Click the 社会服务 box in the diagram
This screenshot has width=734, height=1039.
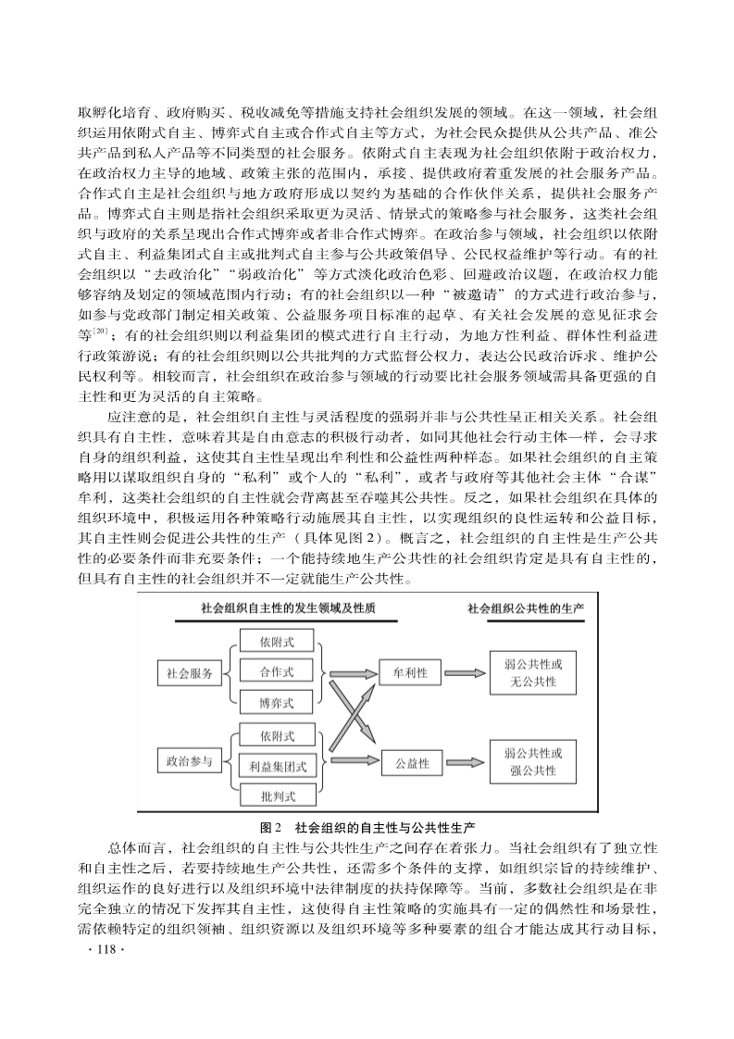[x=190, y=673]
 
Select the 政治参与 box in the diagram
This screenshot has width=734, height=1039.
[x=190, y=763]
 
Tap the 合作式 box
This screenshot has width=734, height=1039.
[x=277, y=672]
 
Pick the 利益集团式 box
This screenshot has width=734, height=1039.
[x=277, y=766]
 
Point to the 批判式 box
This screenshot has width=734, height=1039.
[x=277, y=795]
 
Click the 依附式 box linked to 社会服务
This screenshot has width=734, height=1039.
[x=277, y=641]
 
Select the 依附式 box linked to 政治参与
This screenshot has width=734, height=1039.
[x=277, y=735]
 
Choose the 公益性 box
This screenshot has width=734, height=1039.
[x=411, y=763]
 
